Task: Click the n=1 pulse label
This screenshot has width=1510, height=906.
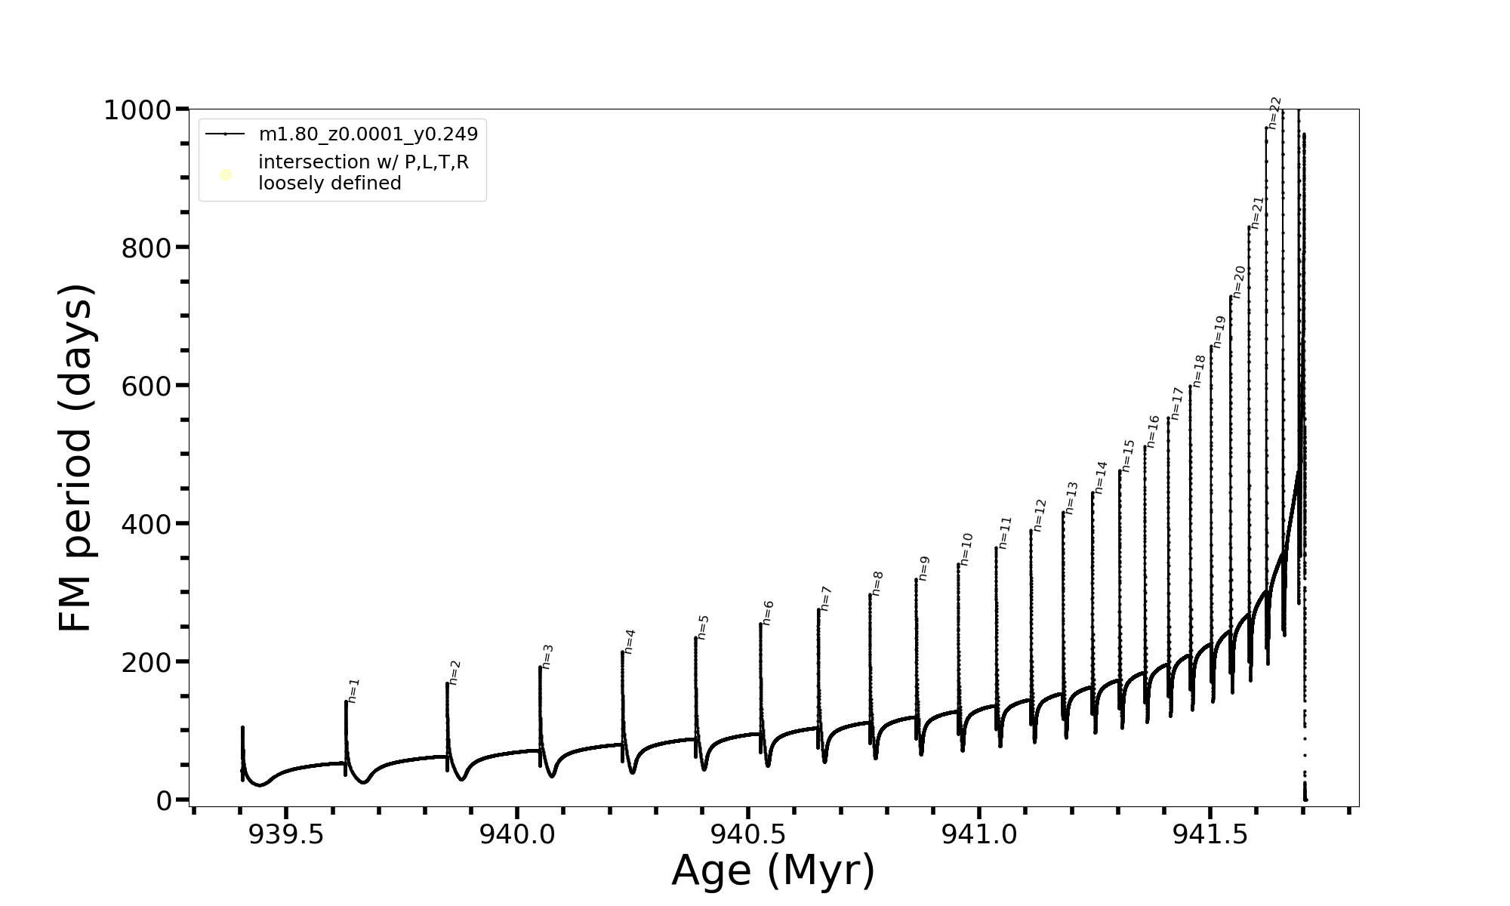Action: click(x=354, y=690)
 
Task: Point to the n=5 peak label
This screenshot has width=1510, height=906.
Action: click(x=703, y=627)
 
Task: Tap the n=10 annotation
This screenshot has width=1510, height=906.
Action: click(x=966, y=549)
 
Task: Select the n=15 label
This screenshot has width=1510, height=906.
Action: click(x=1128, y=456)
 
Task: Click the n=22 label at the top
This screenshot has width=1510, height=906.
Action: click(x=1274, y=112)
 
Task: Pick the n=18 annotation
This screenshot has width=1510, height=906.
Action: click(x=1199, y=371)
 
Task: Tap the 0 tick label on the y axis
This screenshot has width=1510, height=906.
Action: click(x=164, y=800)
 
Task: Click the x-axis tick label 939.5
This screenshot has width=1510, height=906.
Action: click(x=286, y=834)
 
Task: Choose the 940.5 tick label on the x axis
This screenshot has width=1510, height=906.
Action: click(x=748, y=834)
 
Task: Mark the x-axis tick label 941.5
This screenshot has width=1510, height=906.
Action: click(x=1210, y=834)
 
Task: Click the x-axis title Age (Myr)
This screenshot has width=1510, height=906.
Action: click(x=773, y=871)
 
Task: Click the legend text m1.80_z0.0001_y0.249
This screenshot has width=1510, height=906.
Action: click(x=368, y=134)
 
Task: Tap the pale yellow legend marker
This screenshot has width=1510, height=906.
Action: click(x=225, y=175)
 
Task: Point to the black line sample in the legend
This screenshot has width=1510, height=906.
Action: click(x=225, y=134)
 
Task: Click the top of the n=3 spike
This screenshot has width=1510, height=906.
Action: click(x=540, y=667)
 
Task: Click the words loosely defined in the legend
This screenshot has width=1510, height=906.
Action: click(x=330, y=183)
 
